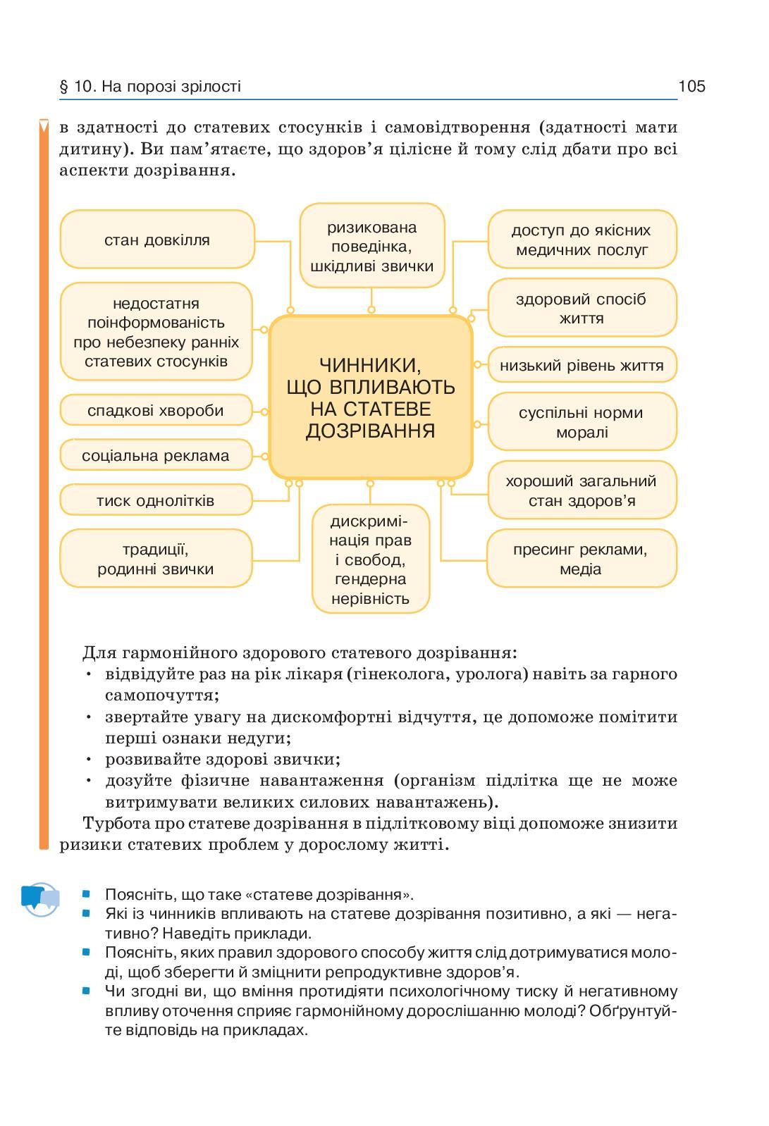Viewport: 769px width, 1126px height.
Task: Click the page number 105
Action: (691, 87)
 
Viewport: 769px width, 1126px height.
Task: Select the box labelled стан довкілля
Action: (157, 240)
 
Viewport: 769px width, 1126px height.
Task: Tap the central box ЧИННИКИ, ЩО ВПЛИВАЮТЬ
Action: (371, 397)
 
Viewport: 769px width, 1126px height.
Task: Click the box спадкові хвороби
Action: (156, 410)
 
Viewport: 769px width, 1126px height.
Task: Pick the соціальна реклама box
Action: (156, 455)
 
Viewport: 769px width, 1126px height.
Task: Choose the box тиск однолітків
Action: (156, 500)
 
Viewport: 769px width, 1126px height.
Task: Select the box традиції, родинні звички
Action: (156, 559)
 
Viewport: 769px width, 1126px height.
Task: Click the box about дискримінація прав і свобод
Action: (371, 559)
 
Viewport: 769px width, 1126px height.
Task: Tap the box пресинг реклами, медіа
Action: (581, 559)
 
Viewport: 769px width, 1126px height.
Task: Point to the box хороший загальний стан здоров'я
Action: (582, 490)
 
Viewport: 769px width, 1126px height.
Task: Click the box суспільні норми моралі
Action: (582, 422)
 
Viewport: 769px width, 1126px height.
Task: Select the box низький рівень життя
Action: (582, 365)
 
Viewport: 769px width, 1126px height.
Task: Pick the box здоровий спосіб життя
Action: (582, 308)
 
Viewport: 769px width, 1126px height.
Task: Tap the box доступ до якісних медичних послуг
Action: (582, 240)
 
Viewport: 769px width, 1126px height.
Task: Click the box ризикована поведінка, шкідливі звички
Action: (372, 247)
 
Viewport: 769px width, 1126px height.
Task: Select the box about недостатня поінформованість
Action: (156, 332)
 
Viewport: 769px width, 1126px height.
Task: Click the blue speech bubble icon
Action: (40, 898)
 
